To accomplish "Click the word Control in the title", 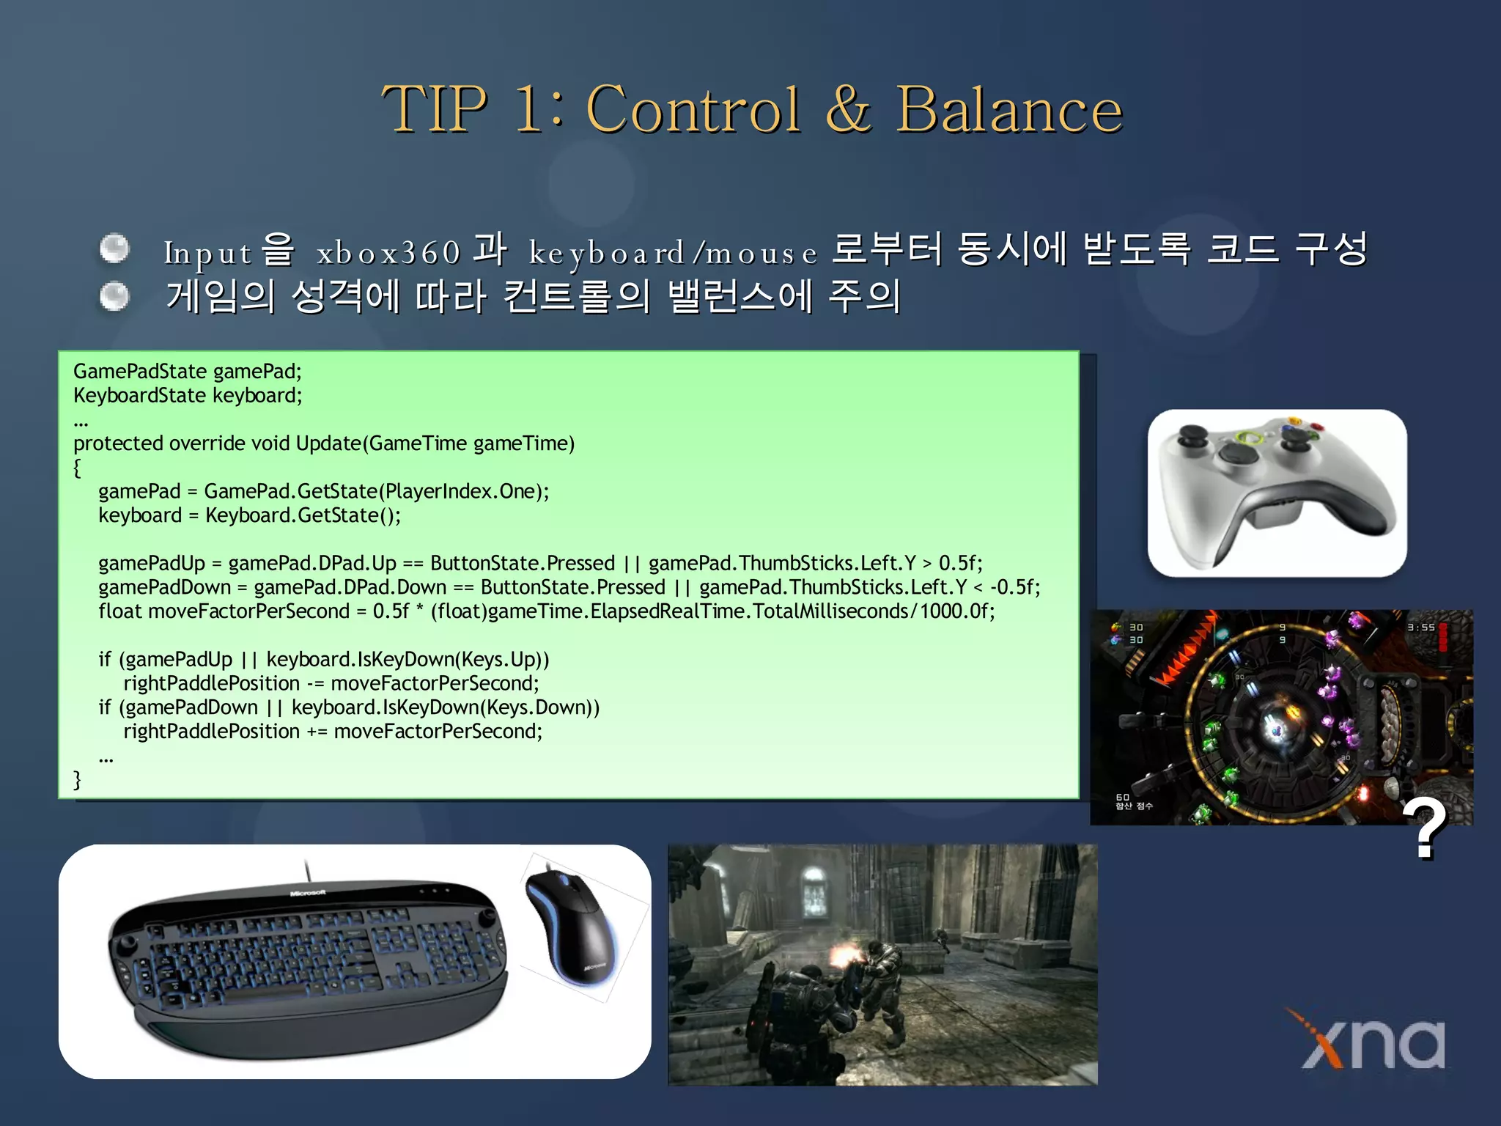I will click(693, 110).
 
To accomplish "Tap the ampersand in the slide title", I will click(848, 110).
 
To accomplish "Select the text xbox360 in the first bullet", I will click(388, 253).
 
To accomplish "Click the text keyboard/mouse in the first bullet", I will click(673, 253).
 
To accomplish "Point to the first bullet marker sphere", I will click(114, 249).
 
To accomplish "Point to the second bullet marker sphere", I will click(114, 296).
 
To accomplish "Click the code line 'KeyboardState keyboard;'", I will click(188, 396).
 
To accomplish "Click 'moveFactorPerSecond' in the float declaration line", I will click(248, 611).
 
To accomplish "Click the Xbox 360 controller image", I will click(1277, 493).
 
